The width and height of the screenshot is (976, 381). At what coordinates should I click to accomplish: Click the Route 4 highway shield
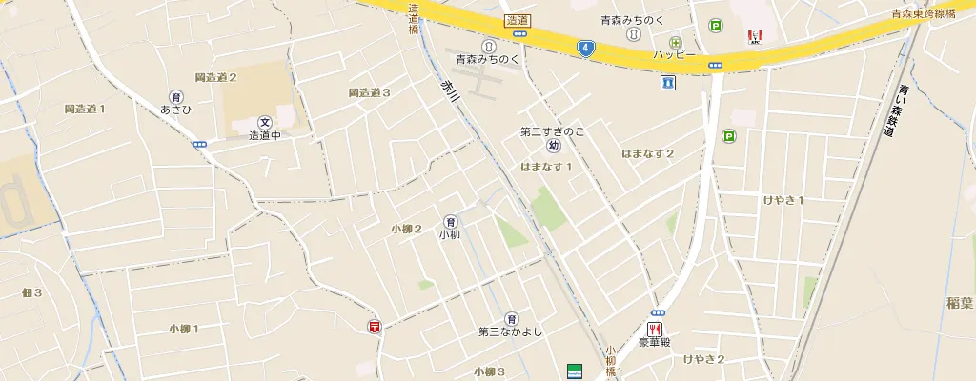point(585,47)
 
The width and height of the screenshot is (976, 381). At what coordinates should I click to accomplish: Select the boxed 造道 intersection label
point(518,20)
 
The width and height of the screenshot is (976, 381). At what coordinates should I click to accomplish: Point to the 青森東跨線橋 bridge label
point(930,13)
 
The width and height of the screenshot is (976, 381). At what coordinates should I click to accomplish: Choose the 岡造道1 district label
point(85,109)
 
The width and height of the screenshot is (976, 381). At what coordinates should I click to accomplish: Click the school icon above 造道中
point(265,122)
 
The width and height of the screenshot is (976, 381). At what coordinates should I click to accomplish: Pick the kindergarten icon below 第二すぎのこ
point(553,146)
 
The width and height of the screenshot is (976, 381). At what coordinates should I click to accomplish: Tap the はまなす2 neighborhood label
point(647,153)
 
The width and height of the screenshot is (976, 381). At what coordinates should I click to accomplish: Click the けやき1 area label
point(784,199)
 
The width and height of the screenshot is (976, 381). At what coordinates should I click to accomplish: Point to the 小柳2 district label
point(406,229)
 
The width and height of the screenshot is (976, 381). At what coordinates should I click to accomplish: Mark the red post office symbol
point(375,327)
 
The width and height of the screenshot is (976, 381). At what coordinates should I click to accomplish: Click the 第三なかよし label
point(510,331)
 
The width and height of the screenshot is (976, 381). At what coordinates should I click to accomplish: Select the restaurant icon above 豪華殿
point(657,328)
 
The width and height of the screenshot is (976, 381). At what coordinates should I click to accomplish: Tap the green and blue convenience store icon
point(574,370)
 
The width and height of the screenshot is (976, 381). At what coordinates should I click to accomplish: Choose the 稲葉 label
point(960,303)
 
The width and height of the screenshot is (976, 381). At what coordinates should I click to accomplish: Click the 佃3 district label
point(32,292)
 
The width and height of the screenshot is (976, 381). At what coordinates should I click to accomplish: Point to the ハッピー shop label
point(674,55)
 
